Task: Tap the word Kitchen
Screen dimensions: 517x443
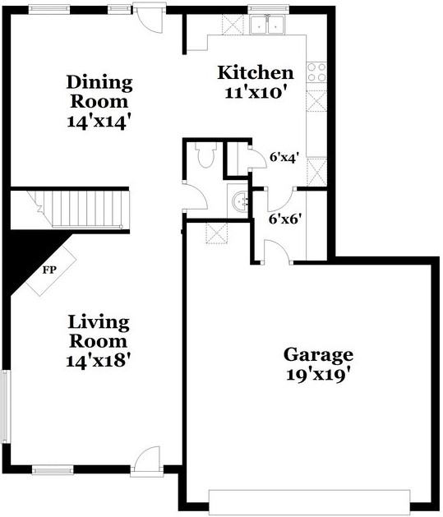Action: pyautogui.click(x=255, y=72)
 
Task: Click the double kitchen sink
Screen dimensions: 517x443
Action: pyautogui.click(x=266, y=25)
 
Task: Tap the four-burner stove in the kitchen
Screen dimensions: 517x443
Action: pyautogui.click(x=316, y=72)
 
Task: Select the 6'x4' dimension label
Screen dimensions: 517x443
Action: pyautogui.click(x=283, y=156)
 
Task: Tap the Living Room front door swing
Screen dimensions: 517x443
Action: pyautogui.click(x=146, y=459)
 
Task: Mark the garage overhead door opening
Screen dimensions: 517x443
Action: pyautogui.click(x=309, y=501)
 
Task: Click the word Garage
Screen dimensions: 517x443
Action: pyautogui.click(x=318, y=354)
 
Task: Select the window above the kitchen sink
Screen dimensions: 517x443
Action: pyautogui.click(x=265, y=9)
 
